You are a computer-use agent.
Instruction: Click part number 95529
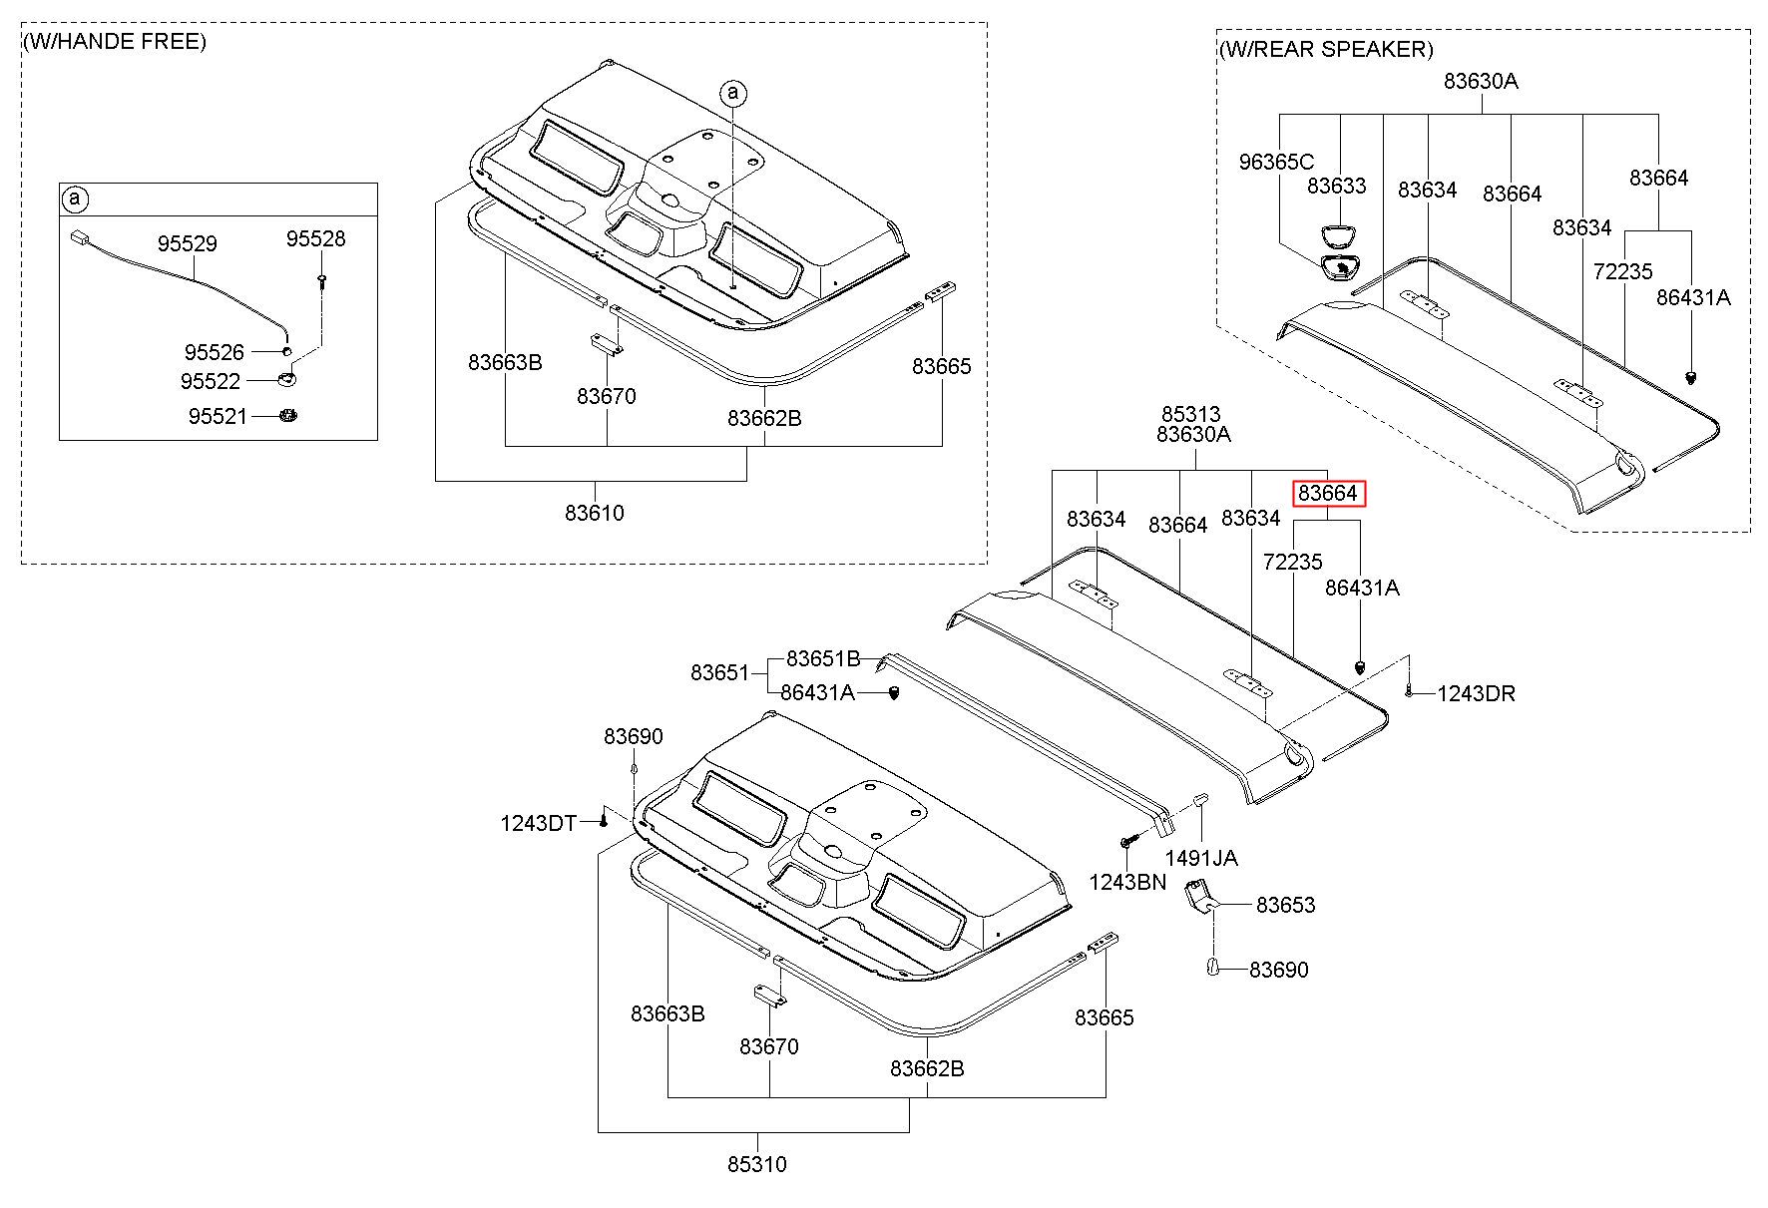click(187, 243)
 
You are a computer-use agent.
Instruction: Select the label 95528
click(315, 238)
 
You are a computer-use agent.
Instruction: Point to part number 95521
click(217, 416)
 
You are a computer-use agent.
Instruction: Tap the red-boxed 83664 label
click(1327, 493)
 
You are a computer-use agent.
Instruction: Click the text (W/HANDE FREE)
click(116, 42)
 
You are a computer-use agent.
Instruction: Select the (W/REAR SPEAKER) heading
click(1326, 49)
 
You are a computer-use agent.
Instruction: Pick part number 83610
click(595, 513)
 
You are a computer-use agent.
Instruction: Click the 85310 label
click(756, 1164)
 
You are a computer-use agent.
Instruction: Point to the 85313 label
click(1190, 414)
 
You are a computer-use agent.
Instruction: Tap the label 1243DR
click(1476, 693)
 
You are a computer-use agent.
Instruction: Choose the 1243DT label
click(539, 823)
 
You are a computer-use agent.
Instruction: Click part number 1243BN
click(1127, 882)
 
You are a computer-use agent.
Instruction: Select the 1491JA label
click(1201, 858)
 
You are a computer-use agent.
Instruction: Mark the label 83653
click(1286, 905)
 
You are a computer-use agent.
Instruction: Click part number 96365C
click(1276, 162)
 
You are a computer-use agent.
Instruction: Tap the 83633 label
click(1337, 186)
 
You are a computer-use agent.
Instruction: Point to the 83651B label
click(823, 658)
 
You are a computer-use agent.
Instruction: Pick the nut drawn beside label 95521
click(287, 415)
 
